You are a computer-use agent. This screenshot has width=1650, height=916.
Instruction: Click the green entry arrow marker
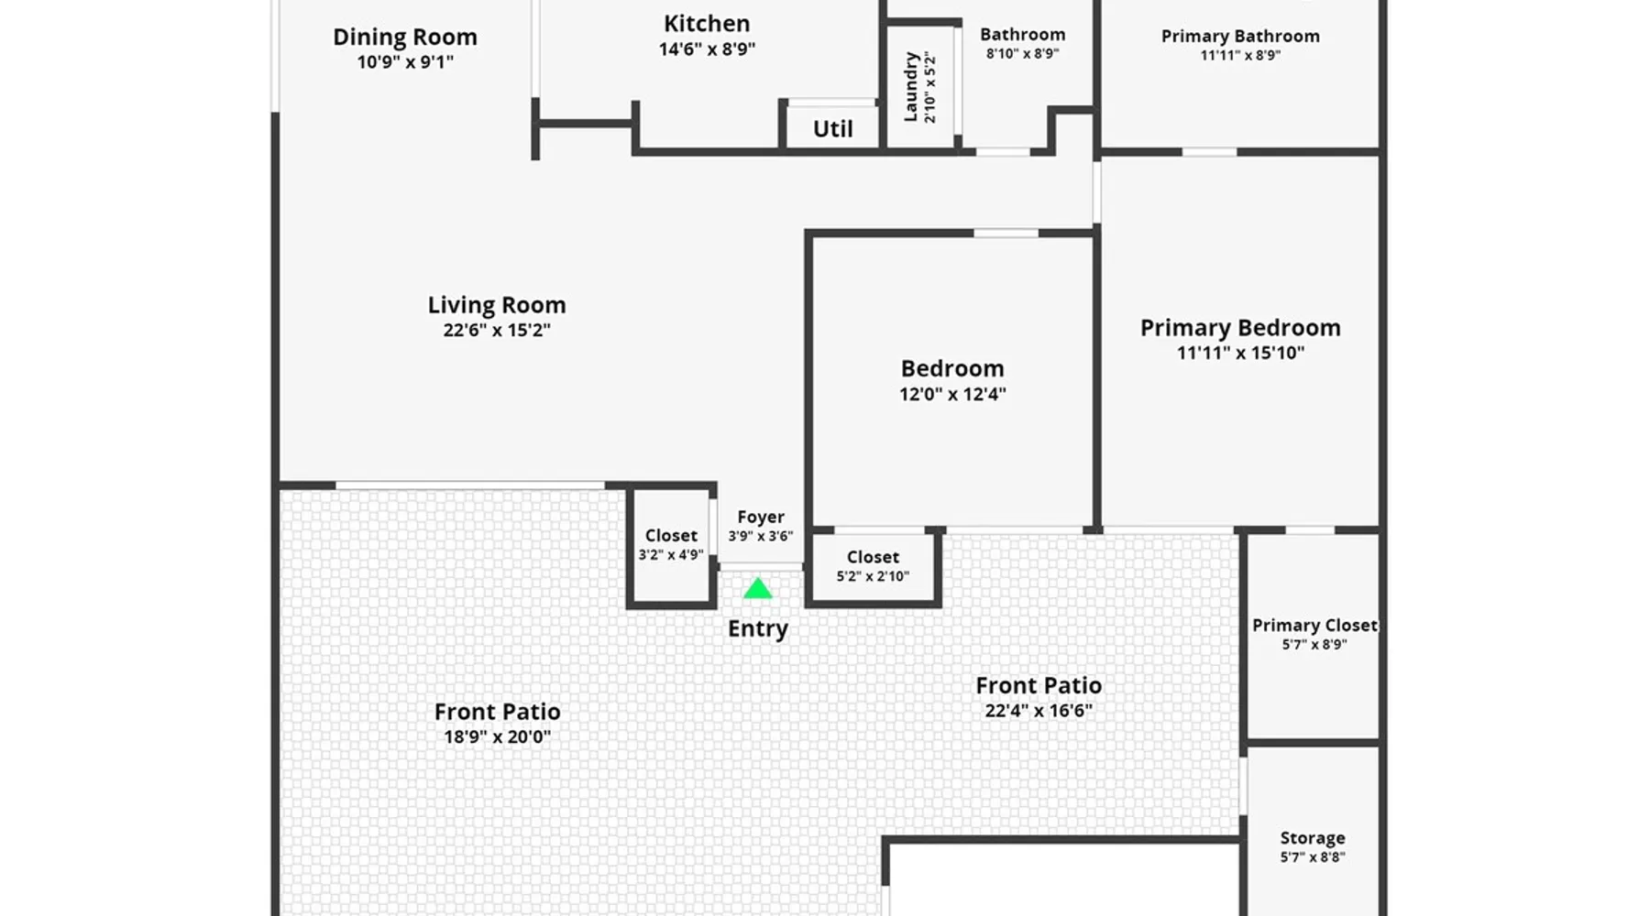tap(757, 588)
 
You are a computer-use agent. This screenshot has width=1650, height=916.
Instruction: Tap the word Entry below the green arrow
tap(758, 629)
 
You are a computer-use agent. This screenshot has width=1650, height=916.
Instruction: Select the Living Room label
tap(497, 305)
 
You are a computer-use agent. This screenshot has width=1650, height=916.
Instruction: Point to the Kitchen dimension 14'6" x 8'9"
tap(707, 49)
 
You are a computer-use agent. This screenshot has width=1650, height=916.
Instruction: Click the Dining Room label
tap(405, 38)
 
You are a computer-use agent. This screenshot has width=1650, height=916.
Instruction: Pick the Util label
tap(833, 129)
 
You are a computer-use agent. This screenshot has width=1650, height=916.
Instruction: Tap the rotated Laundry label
tap(910, 87)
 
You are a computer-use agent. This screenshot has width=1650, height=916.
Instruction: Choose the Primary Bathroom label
tap(1240, 37)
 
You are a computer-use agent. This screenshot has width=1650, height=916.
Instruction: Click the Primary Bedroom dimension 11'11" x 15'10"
tap(1240, 354)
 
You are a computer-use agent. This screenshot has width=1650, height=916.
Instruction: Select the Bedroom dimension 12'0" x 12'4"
tap(952, 395)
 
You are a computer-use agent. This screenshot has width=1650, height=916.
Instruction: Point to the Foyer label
tap(761, 518)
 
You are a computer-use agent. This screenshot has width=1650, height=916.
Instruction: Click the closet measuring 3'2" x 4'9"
tap(671, 536)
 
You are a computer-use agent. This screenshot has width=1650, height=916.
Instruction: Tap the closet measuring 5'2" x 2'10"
tap(873, 558)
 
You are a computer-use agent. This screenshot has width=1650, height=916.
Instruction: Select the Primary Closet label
tap(1314, 626)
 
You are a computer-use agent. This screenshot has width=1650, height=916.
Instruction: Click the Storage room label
tap(1313, 838)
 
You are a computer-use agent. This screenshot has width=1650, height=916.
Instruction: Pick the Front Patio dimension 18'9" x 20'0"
tap(498, 737)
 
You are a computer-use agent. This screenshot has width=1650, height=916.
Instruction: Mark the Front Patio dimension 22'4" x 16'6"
tap(1039, 711)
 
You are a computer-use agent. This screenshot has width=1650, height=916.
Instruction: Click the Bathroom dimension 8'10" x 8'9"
tap(1023, 54)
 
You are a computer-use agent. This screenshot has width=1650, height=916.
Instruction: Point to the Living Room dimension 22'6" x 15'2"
tap(497, 331)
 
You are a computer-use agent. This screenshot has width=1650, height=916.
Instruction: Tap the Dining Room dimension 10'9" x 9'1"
tap(405, 62)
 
